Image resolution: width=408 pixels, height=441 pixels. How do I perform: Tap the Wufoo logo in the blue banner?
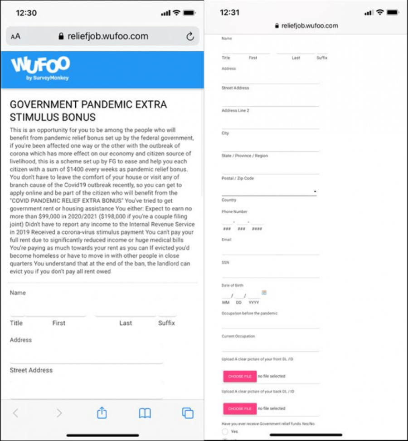point(40,68)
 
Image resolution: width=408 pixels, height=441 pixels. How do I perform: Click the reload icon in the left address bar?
point(190,37)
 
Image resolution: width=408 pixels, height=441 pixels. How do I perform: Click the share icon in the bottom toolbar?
point(102,413)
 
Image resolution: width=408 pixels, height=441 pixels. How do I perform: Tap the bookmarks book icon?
point(145,413)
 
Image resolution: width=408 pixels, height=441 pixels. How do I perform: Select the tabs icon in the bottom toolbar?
point(187,413)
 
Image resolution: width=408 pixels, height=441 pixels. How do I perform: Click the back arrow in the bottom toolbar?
point(16,413)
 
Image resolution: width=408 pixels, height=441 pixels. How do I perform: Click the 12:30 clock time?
point(26,13)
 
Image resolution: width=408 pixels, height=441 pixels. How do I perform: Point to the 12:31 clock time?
point(229,12)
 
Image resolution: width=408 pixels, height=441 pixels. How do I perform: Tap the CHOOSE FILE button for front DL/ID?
point(239,376)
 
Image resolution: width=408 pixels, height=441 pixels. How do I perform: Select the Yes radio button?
point(225,431)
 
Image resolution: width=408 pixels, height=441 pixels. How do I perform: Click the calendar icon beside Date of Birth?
point(264,293)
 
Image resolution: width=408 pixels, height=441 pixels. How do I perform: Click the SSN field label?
point(225,262)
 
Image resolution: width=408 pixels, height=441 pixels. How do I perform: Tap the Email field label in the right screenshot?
point(227,240)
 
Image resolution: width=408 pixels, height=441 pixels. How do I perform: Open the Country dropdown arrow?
point(315,192)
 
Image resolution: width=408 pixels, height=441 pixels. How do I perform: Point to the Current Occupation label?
point(238,336)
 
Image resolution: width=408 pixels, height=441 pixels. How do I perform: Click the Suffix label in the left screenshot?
point(166,323)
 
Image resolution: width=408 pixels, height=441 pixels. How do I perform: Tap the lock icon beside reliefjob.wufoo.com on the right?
point(277,26)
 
